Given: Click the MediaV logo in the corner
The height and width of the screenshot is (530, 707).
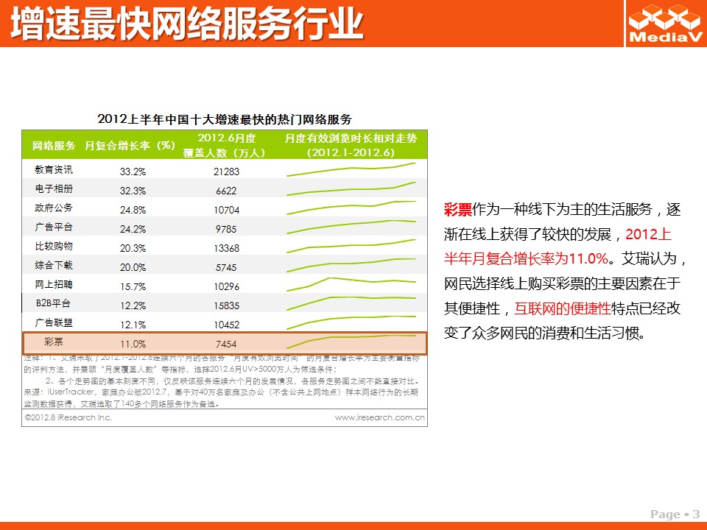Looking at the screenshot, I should pos(664,24).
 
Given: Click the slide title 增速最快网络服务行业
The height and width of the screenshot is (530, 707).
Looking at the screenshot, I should pos(187,24).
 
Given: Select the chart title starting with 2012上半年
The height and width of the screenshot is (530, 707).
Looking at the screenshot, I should pos(225,119).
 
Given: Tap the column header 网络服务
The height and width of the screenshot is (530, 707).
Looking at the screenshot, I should pos(54,145).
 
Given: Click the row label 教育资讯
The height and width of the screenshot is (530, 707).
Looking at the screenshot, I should pos(54,169).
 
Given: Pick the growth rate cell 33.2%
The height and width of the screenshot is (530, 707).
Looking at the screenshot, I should pos(133,172).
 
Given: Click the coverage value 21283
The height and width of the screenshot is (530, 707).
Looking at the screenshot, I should pos(226,172).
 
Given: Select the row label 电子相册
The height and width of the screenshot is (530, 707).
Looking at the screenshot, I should pos(54,188).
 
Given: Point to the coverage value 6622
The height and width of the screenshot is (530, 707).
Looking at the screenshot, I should pos(226,191).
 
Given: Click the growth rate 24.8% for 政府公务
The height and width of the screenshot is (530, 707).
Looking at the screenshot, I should pos(133,210).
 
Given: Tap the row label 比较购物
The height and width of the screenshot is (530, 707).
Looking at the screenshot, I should pos(54,246).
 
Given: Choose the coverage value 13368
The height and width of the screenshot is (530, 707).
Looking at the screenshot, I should pos(226,248).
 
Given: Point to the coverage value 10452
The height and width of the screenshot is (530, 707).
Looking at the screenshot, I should pos(226,325).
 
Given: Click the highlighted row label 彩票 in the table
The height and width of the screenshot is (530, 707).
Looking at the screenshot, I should pos(54,342).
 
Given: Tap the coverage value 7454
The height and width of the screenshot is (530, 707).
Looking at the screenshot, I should pos(226,344).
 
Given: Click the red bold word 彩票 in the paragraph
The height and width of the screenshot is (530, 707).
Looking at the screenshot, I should pos(457,209).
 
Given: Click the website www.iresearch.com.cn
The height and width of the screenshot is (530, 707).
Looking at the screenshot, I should pos(379,417).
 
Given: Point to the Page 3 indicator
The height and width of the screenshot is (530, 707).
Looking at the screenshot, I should pos(675,514).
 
